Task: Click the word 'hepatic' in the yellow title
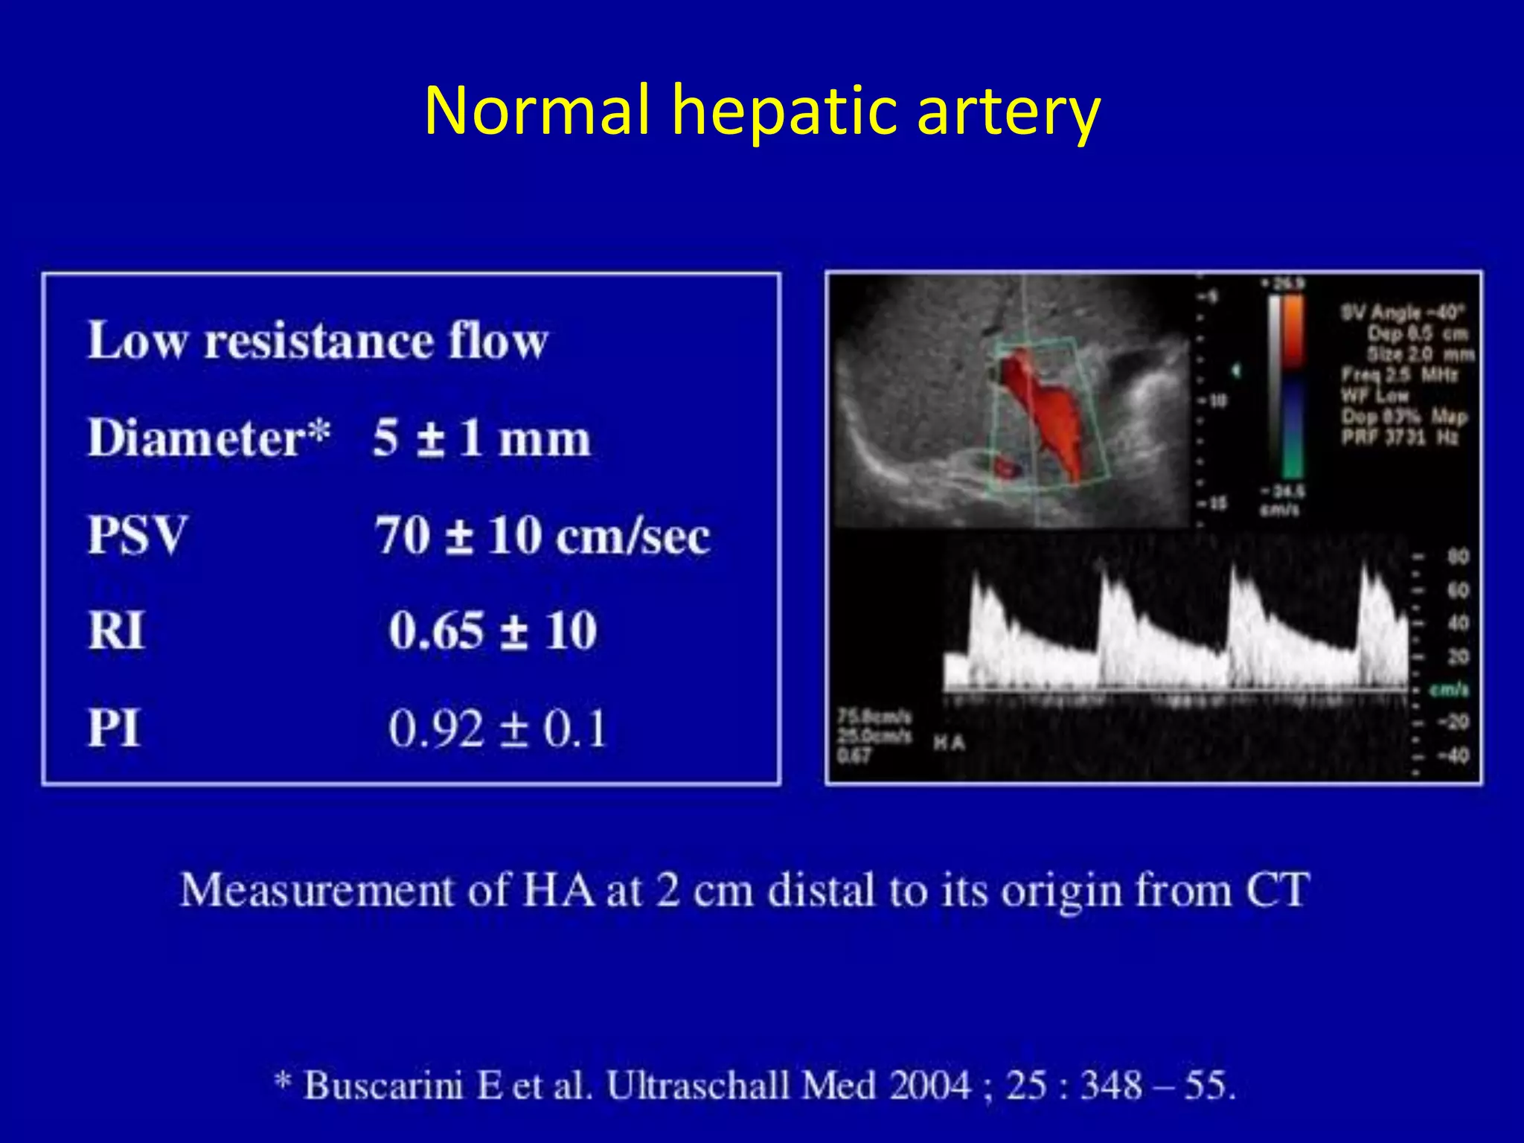click(784, 112)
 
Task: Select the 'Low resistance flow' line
click(318, 341)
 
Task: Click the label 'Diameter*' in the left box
click(208, 438)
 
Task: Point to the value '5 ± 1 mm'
click(481, 438)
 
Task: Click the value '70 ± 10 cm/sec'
click(542, 536)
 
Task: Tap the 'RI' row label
click(116, 631)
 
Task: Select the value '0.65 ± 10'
click(493, 631)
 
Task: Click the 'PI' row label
click(114, 728)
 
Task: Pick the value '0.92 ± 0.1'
click(497, 729)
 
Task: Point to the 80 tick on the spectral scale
click(1457, 557)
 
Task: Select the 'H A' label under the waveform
click(950, 742)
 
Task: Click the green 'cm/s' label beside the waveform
click(1449, 690)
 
